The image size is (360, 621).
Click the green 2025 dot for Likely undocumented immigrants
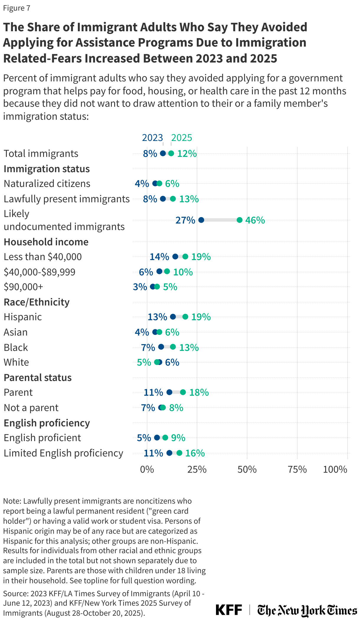tap(240, 220)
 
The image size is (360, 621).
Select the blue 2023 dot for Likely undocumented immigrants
tap(201, 220)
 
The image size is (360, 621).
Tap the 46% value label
tap(255, 220)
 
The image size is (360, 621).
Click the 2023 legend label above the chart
tap(152, 138)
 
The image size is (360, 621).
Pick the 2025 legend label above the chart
tap(181, 138)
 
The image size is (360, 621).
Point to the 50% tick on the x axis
tap(247, 469)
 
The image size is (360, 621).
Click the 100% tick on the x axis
tap(335, 469)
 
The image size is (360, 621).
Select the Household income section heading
tap(46, 242)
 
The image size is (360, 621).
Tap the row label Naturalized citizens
tap(47, 183)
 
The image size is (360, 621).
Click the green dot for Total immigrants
tap(171, 153)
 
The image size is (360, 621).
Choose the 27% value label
tap(185, 220)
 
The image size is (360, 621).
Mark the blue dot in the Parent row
tap(169, 392)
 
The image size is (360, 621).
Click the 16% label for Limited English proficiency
tap(195, 453)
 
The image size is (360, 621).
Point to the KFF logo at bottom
tap(229, 610)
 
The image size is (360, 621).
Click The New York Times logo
tap(307, 610)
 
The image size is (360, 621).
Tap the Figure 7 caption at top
tap(17, 8)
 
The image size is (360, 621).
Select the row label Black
tap(16, 347)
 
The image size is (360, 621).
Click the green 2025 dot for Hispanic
tap(185, 317)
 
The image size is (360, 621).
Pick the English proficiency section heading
tap(47, 423)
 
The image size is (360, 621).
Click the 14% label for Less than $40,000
tap(159, 257)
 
